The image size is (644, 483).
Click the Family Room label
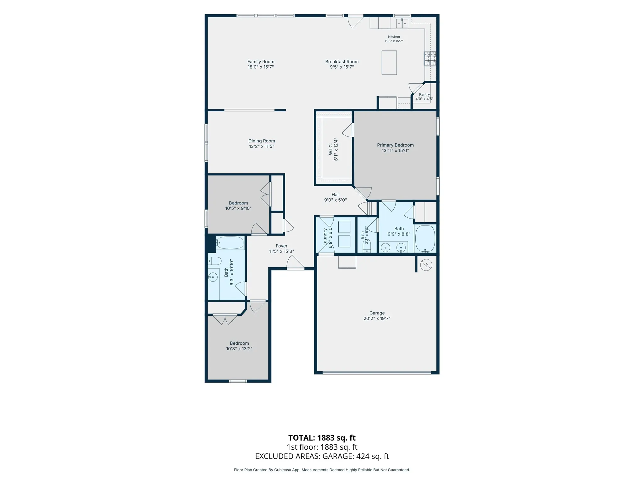pyautogui.click(x=261, y=62)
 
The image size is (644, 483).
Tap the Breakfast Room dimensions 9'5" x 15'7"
pyautogui.click(x=342, y=67)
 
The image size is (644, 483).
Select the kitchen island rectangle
pyautogui.click(x=389, y=63)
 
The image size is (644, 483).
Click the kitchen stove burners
pyautogui.click(x=430, y=59)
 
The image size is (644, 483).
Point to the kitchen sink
pyautogui.click(x=402, y=23)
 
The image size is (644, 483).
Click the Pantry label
pyautogui.click(x=424, y=94)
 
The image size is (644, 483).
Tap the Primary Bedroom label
pyautogui.click(x=395, y=145)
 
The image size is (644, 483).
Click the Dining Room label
pyautogui.click(x=262, y=141)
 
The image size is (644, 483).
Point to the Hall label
pyautogui.click(x=336, y=195)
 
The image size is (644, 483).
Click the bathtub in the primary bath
pyautogui.click(x=425, y=239)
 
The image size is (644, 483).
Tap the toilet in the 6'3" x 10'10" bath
pyautogui.click(x=214, y=261)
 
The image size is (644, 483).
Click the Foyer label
pyautogui.click(x=281, y=246)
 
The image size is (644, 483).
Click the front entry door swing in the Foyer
pyautogui.click(x=295, y=262)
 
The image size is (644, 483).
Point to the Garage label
pyautogui.click(x=377, y=313)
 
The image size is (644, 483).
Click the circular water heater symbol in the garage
pyautogui.click(x=426, y=265)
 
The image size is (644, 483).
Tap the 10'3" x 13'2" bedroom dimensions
pyautogui.click(x=239, y=349)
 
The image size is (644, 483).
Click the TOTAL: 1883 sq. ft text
pyautogui.click(x=322, y=438)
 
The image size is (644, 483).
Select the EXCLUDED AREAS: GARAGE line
pyautogui.click(x=322, y=456)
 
